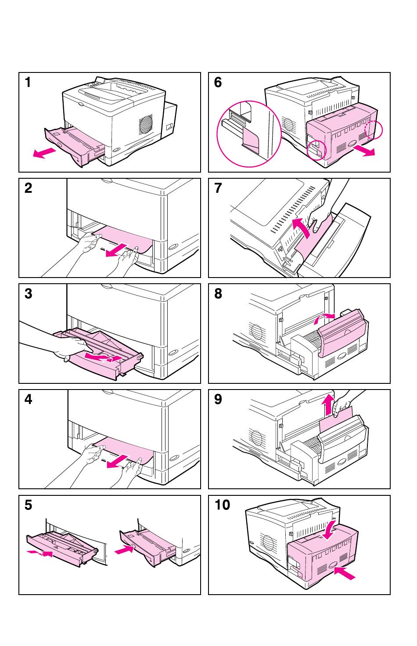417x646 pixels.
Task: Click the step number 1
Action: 29,82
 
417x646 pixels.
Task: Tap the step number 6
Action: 218,82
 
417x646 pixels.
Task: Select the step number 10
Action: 222,505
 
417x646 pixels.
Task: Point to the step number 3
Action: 29,293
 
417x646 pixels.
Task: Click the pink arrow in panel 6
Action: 364,151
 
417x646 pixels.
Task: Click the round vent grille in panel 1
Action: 146,125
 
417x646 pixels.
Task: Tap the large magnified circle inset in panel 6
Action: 249,134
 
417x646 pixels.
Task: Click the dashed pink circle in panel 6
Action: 374,130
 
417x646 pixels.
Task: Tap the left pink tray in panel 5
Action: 61,547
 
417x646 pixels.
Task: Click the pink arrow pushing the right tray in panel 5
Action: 123,549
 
